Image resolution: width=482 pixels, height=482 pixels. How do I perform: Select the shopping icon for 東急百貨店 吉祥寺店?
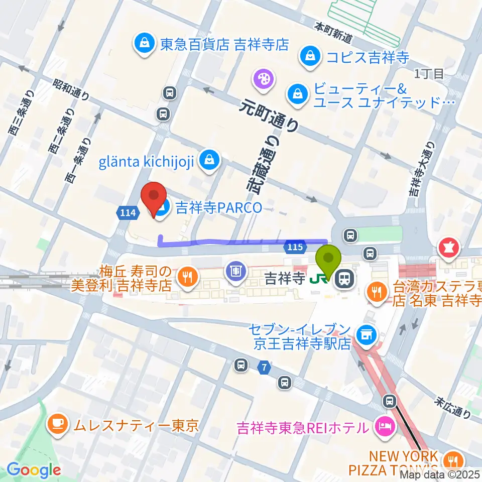pyautogui.click(x=144, y=44)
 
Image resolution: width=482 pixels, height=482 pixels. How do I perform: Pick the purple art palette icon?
pyautogui.click(x=262, y=78)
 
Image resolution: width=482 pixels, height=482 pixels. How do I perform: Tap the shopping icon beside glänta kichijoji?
pyautogui.click(x=207, y=161)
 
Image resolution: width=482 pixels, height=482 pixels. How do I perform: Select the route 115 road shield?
pyautogui.click(x=295, y=247)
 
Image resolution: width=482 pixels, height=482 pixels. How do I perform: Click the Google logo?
pyautogui.click(x=34, y=469)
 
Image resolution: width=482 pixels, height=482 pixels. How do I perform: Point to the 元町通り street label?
pyautogui.click(x=269, y=115)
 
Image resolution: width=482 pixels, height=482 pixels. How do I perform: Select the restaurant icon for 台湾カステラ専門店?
pyautogui.click(x=376, y=290)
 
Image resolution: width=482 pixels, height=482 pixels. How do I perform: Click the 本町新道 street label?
pyautogui.click(x=334, y=32)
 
